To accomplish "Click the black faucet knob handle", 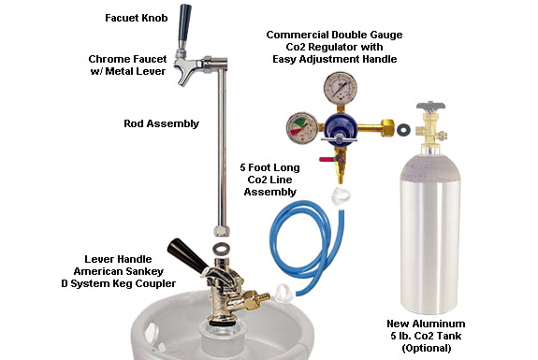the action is [x=184, y=23].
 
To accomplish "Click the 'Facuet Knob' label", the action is [x=137, y=18].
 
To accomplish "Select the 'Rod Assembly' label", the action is [x=161, y=123].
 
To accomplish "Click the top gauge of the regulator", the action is [x=340, y=88].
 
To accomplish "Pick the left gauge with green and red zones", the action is [x=302, y=128].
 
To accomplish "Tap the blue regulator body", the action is [x=338, y=126].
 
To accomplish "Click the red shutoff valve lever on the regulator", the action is [x=326, y=159].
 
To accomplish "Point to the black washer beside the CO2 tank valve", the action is [x=404, y=130].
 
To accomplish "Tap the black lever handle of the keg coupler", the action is [x=187, y=255].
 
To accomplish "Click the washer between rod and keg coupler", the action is [x=221, y=247].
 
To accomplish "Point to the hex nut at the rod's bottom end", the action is [x=220, y=231].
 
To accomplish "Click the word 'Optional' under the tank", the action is [x=426, y=349].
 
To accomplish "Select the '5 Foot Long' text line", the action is [x=269, y=167].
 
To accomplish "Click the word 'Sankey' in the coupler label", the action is [x=144, y=271].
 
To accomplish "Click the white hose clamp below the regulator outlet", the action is [x=342, y=195].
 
